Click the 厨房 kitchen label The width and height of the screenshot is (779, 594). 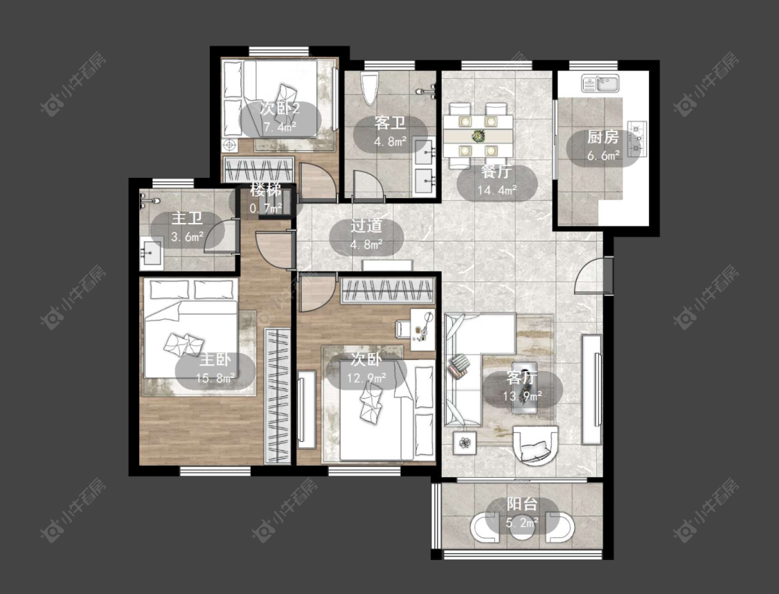point(602,136)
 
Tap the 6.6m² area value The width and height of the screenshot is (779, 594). point(603,156)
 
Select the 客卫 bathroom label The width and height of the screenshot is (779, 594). point(390,123)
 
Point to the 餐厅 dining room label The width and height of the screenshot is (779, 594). point(496,172)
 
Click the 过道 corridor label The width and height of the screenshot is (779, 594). point(366,226)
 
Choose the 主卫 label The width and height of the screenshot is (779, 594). point(187,218)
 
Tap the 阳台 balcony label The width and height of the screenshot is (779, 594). point(522,504)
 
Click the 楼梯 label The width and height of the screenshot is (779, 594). point(266,189)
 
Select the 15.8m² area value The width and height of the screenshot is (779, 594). point(215,379)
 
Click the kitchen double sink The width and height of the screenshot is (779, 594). point(600,83)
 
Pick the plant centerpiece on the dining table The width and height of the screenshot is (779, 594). point(478,136)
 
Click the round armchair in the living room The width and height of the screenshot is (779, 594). point(536,445)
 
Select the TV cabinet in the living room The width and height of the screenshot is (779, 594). point(592,389)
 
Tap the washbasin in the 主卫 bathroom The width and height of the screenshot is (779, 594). point(151,253)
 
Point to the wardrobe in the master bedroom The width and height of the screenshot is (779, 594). point(277,396)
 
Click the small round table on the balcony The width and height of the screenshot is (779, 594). point(523,528)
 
